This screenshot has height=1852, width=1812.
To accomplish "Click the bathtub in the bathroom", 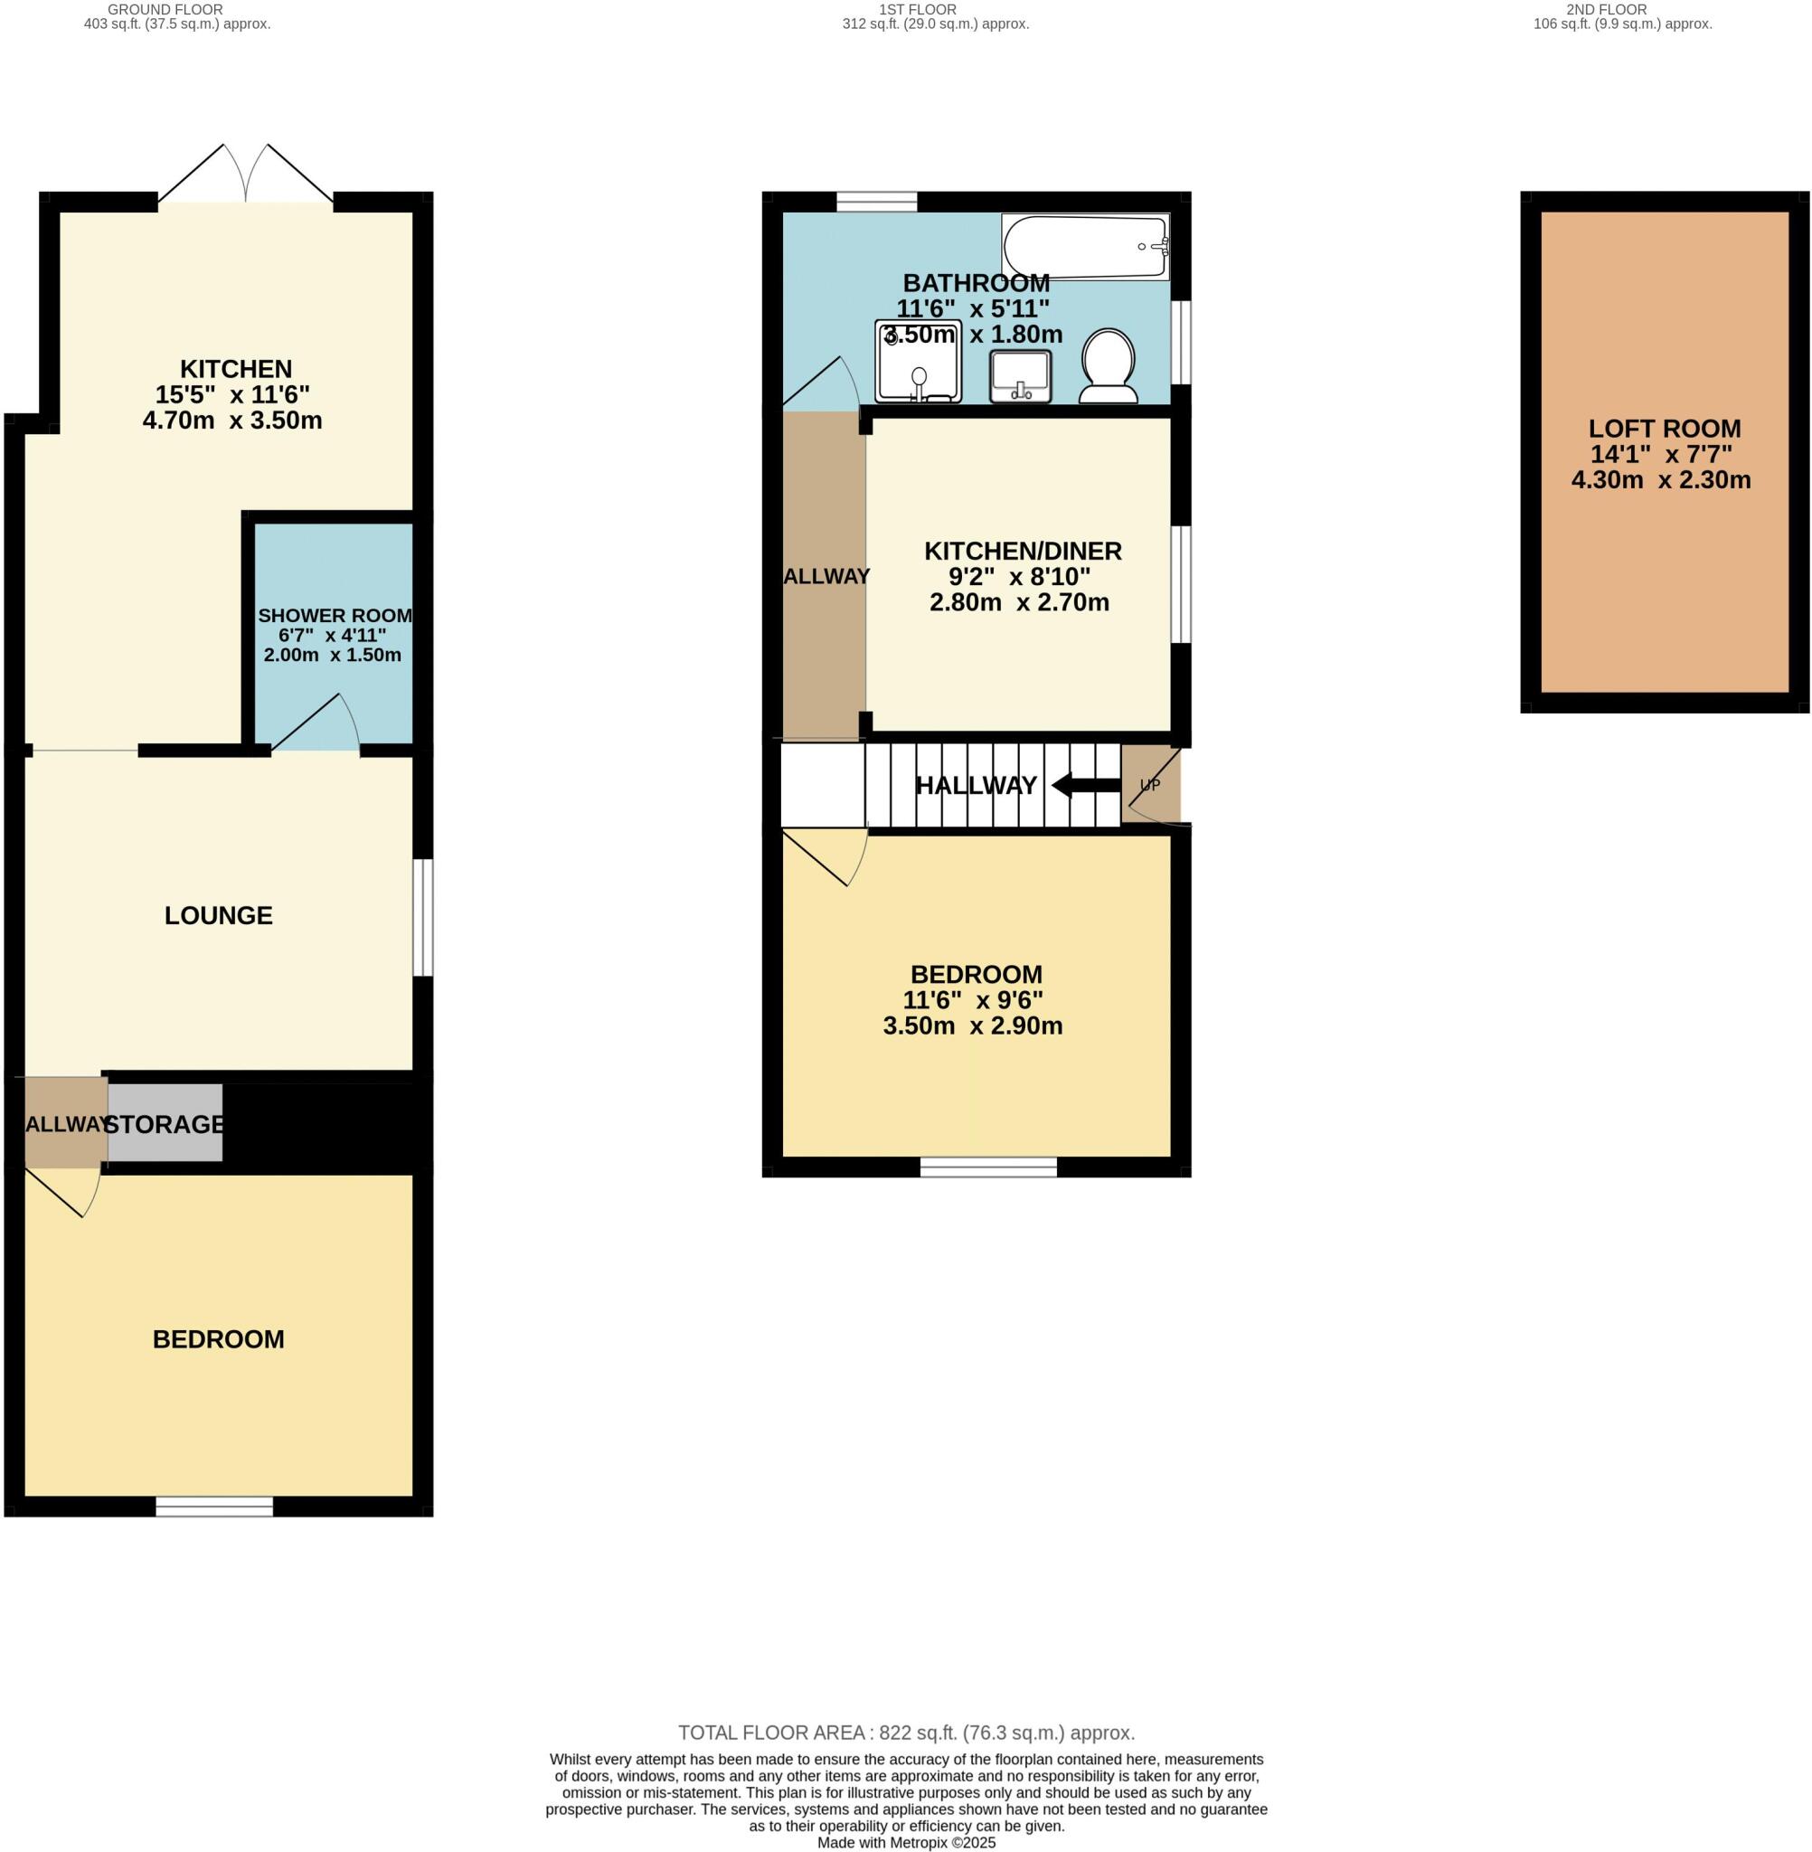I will click(x=1085, y=248).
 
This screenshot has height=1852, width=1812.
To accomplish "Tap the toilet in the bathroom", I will click(x=1109, y=365).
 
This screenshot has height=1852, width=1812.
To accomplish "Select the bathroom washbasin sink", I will click(x=1020, y=376).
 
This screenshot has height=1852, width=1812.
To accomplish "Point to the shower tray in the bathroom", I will click(x=919, y=362).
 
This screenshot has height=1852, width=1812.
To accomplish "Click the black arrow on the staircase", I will click(x=1085, y=785).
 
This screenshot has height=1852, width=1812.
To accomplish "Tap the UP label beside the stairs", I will click(x=1149, y=785).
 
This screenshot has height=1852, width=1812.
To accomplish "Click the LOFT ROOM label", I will click(x=1665, y=429).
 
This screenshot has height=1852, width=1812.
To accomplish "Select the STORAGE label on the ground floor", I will click(x=165, y=1124).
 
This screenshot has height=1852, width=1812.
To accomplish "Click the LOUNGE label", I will click(x=218, y=914).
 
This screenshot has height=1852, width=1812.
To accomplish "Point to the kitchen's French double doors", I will click(x=246, y=176).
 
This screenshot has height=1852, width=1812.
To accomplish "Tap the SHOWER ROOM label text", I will click(x=335, y=616).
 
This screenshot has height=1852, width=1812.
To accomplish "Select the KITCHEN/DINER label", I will click(x=1023, y=550).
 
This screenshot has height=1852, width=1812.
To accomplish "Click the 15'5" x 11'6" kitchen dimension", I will click(x=232, y=394).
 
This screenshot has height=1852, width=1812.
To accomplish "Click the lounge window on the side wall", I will click(x=423, y=918).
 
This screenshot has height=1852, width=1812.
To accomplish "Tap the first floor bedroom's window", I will click(x=988, y=1167).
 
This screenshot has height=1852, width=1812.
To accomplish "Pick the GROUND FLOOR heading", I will click(x=165, y=10).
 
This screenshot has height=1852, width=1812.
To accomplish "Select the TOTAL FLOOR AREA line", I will click(x=905, y=1732).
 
